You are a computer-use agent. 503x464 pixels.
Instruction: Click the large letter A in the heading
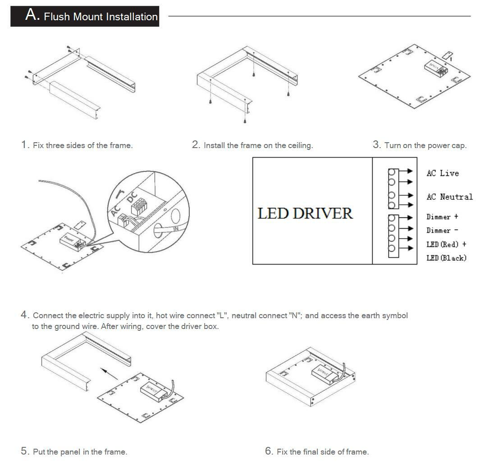tap(32, 15)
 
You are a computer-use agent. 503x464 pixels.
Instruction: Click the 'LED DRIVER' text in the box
tap(305, 213)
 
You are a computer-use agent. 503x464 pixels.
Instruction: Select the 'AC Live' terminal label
tap(443, 173)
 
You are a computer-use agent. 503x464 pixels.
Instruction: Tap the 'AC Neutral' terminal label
tap(449, 197)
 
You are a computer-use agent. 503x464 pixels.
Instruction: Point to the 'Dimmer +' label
tap(442, 217)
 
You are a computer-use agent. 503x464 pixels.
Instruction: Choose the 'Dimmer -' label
tap(442, 230)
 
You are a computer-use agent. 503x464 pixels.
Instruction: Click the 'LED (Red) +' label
tap(446, 244)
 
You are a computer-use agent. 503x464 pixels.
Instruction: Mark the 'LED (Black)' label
tap(446, 258)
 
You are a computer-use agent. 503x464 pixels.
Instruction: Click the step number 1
tap(24, 145)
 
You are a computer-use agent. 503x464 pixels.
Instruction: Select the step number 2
tap(196, 145)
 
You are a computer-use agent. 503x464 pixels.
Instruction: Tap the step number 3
tap(376, 145)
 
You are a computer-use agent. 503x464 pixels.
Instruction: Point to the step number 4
tap(24, 315)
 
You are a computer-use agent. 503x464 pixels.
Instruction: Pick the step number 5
tap(24, 451)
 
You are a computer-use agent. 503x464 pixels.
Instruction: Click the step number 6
tap(269, 451)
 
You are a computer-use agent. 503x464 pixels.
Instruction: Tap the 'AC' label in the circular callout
tap(114, 211)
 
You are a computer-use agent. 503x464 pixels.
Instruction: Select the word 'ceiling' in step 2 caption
tap(298, 145)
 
